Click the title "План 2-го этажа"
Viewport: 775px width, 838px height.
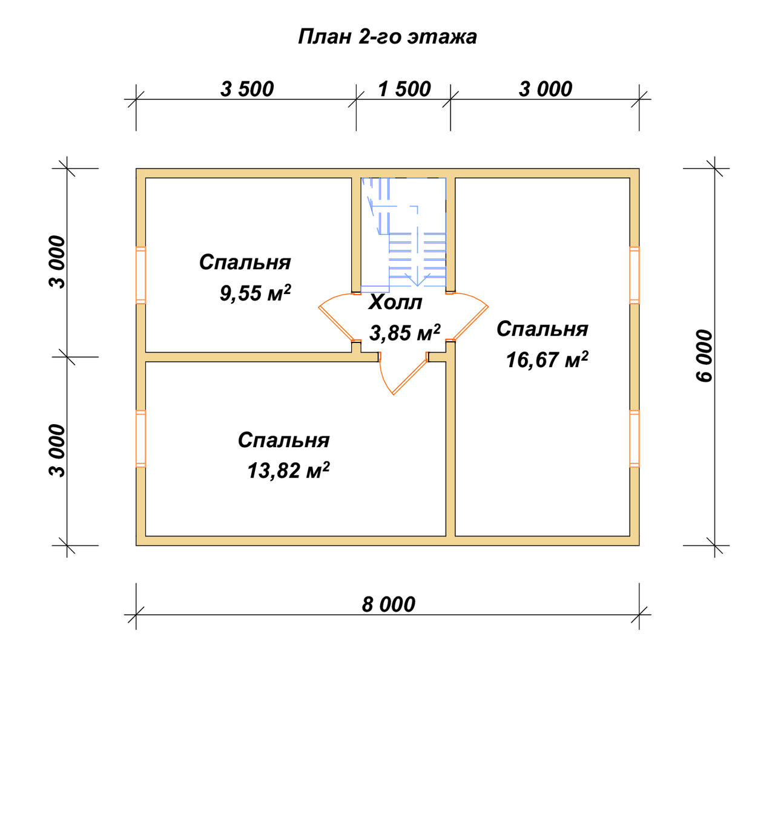(x=387, y=37)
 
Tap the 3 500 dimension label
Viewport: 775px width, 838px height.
(x=247, y=89)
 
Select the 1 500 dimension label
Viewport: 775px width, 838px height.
(x=404, y=89)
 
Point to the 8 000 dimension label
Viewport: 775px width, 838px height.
(x=388, y=604)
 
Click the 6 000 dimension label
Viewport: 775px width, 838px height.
(x=704, y=356)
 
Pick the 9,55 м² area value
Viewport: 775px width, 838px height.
(x=255, y=293)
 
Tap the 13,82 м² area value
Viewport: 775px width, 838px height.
(x=288, y=470)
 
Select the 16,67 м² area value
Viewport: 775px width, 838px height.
(x=547, y=359)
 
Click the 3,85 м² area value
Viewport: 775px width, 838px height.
(x=404, y=333)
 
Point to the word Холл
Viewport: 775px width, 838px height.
(x=395, y=303)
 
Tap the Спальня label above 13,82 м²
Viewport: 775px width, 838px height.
(x=283, y=440)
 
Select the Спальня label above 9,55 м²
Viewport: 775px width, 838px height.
(x=245, y=263)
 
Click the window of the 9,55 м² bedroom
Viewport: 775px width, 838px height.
(x=140, y=275)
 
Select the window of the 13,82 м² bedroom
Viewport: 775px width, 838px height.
(x=140, y=439)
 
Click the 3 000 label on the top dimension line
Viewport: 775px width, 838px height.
(x=546, y=89)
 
